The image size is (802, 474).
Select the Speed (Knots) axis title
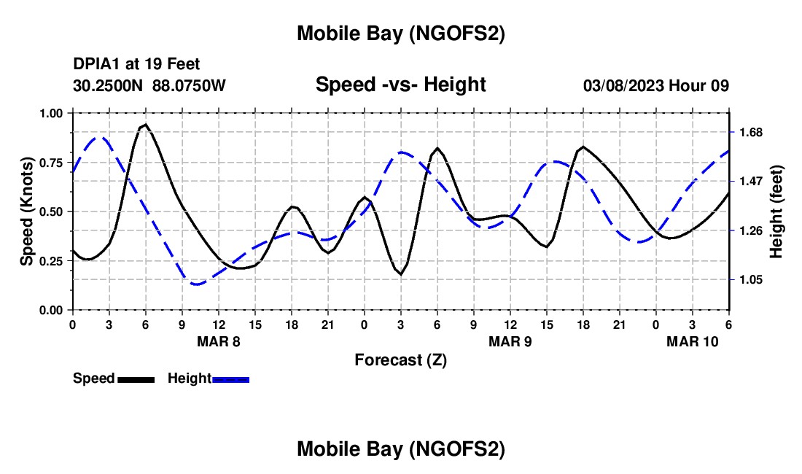(26, 211)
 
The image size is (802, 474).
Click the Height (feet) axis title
(776, 211)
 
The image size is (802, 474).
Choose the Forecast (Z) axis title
(400, 360)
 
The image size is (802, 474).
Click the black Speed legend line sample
(136, 378)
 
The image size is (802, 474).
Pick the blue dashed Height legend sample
(230, 378)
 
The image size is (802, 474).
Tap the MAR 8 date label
(218, 341)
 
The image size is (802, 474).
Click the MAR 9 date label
(510, 341)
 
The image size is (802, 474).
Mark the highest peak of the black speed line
(145, 125)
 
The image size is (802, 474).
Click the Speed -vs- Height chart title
(400, 85)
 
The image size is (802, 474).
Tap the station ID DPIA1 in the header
(96, 64)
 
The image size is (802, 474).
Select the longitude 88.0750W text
(189, 85)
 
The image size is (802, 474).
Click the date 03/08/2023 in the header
(623, 85)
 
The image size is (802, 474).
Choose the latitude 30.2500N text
(109, 85)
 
